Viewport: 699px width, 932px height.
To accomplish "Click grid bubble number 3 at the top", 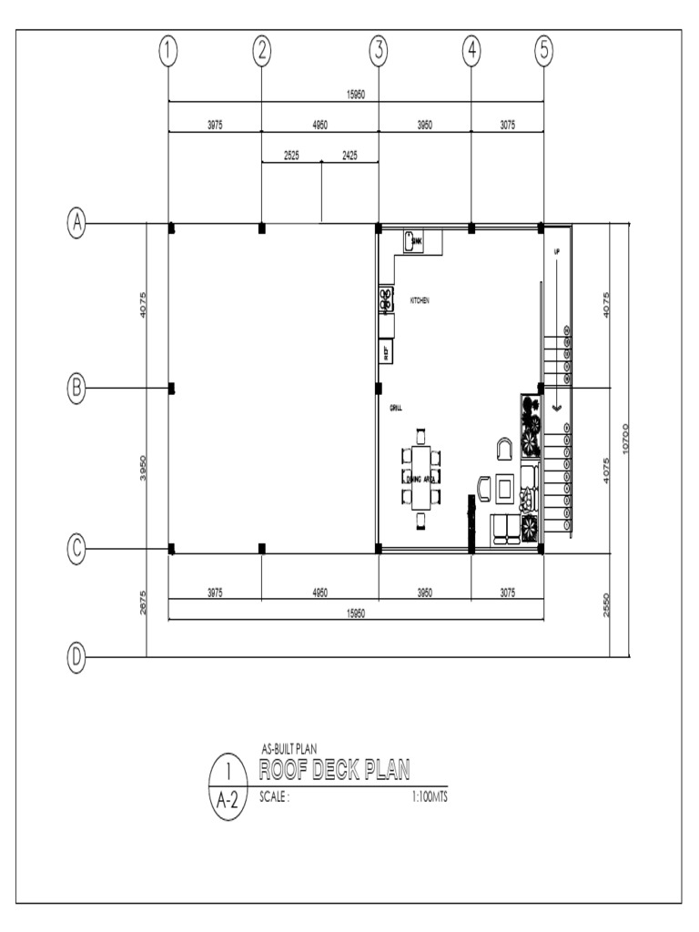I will click(378, 52).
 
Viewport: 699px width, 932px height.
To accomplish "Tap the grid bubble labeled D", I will click(78, 656).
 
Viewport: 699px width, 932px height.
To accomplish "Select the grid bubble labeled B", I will click(78, 389).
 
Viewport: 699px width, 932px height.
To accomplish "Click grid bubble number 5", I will click(543, 52).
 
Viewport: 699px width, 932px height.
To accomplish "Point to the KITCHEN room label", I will click(420, 299).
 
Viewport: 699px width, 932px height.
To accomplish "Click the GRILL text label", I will click(396, 408).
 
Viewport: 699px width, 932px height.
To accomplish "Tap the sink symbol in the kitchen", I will click(412, 240).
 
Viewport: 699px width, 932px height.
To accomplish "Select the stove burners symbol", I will click(386, 298).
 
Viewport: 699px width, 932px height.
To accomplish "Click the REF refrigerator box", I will click(386, 350).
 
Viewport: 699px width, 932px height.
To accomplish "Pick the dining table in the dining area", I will click(420, 477).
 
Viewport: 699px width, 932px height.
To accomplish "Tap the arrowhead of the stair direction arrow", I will click(557, 408).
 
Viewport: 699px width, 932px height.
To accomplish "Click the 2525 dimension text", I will click(291, 156).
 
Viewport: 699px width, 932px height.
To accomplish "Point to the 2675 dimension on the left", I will click(144, 603).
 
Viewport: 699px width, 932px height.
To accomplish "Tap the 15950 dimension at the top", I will click(356, 95).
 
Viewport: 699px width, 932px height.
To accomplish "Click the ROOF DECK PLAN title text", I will click(335, 771).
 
